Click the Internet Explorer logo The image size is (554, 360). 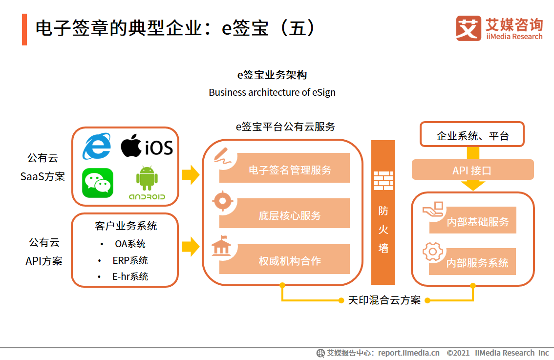point(97,146)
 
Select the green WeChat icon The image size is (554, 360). point(98,183)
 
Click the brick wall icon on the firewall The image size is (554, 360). point(384,181)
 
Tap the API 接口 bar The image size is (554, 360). point(472,170)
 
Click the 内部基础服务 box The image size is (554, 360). point(473,221)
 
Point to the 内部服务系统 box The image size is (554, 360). point(473,262)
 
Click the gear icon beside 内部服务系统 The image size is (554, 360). point(432,252)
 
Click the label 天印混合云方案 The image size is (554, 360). point(384,300)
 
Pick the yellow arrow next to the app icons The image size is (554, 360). point(191,174)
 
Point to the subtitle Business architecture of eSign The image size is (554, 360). point(272,92)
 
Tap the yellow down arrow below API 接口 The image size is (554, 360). point(472,185)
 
